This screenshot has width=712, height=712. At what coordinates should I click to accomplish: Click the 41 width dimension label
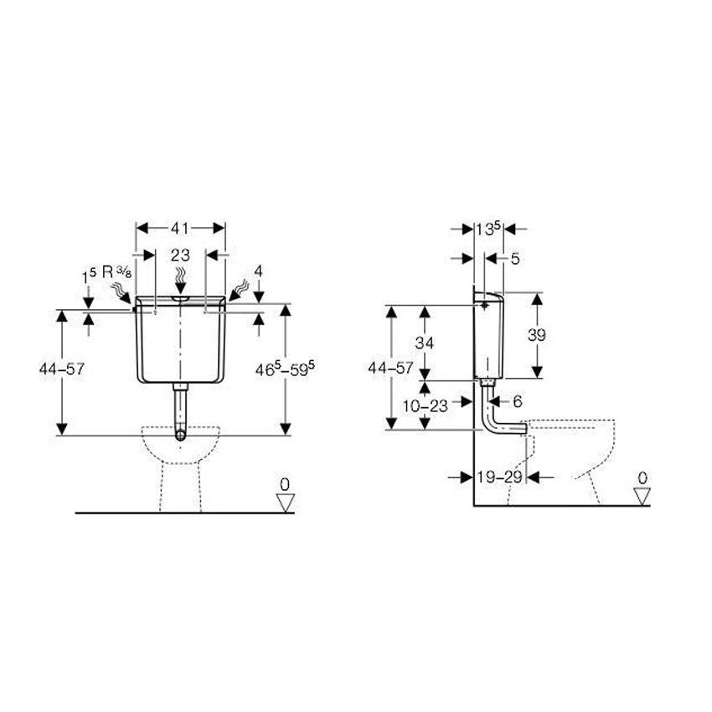tap(180, 228)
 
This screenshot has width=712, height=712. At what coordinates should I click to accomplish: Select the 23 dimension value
tap(180, 255)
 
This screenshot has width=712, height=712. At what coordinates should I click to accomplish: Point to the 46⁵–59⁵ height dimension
tap(285, 369)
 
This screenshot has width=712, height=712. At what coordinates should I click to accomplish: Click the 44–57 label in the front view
tap(62, 369)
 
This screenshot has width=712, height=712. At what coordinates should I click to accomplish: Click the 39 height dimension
tap(536, 335)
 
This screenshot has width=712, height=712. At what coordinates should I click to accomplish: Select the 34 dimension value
tap(424, 343)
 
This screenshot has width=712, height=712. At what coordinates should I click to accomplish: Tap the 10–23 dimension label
tap(425, 405)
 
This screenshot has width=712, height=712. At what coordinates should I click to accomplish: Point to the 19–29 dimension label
tap(499, 477)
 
